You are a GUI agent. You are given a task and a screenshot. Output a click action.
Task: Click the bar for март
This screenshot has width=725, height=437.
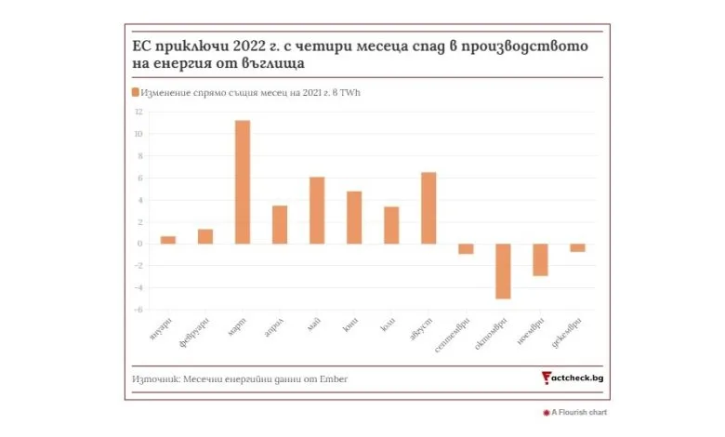click(x=243, y=182)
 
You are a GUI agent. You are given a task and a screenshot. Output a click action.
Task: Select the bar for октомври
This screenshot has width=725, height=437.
click(x=503, y=271)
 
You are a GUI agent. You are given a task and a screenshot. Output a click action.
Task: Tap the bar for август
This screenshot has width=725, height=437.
click(x=428, y=208)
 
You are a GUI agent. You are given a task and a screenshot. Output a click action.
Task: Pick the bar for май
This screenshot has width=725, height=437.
click(x=317, y=210)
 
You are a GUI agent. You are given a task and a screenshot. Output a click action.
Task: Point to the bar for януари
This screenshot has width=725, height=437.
click(x=168, y=240)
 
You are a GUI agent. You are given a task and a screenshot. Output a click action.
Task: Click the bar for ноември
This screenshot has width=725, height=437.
click(x=540, y=259)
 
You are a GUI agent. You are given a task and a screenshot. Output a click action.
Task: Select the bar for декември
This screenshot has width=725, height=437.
click(x=577, y=247)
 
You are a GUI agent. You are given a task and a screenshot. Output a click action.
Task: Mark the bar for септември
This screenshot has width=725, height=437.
click(x=466, y=248)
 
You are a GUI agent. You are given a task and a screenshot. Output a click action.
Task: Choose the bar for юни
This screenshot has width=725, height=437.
click(x=354, y=218)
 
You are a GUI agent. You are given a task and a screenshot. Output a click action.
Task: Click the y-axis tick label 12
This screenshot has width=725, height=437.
click(x=138, y=112)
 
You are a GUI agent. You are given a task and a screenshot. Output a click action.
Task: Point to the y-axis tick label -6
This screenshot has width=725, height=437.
click(x=138, y=310)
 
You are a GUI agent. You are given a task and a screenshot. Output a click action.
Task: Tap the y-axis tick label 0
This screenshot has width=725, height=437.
click(x=139, y=244)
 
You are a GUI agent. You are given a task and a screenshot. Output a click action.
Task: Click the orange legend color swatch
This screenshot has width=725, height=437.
click(x=136, y=92)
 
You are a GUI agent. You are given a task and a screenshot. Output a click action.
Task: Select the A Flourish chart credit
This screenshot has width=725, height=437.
click(x=578, y=412)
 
